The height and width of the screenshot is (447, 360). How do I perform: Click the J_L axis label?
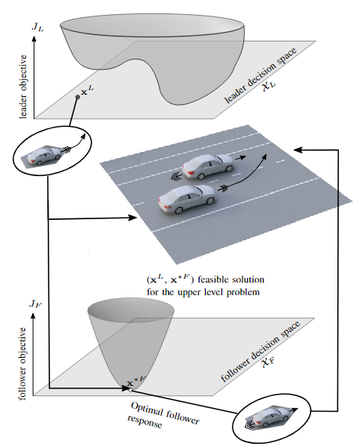pos(38,27)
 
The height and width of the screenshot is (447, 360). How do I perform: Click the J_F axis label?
pos(36,304)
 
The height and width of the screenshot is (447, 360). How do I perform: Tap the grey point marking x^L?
pos(77,97)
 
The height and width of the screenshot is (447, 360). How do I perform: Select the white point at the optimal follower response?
pos(131,390)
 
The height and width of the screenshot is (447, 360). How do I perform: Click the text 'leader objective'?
pos(23,87)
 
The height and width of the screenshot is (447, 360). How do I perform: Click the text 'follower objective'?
pos(23,364)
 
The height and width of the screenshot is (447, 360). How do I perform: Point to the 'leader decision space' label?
pos(261,76)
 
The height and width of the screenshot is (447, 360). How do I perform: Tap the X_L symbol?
pos(268,85)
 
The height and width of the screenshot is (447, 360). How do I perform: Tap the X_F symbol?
pos(268,362)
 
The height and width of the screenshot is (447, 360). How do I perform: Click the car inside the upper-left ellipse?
pos(44,157)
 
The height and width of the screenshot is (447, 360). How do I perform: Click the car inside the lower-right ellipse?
pos(269,417)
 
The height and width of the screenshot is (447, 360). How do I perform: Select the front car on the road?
pos(207,167)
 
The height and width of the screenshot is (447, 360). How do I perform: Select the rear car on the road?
pos(187,199)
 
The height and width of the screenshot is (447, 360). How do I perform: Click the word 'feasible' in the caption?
pos(211,279)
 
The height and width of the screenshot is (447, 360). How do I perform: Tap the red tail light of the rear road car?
pos(167,207)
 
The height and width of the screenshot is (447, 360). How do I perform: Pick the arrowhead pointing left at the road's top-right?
pos(298,150)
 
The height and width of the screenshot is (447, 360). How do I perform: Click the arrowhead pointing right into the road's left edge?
pos(132,218)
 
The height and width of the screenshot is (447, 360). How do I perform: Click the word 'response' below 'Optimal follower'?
pos(145,421)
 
